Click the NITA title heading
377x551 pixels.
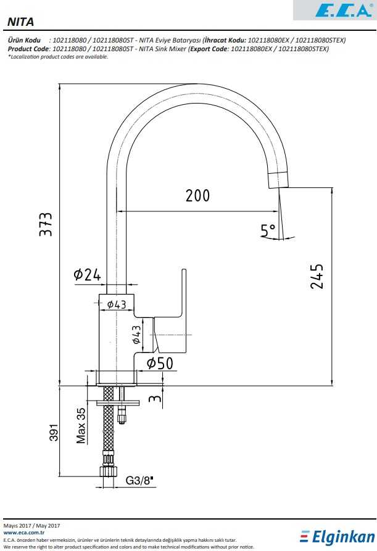coord(21,22)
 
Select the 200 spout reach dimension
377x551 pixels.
coord(197,195)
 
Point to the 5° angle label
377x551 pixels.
coord(268,231)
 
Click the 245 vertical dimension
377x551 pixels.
coord(317,277)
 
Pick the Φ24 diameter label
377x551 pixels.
coord(87,275)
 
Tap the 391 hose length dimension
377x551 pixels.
coord(54,433)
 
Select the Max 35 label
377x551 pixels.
coord(81,425)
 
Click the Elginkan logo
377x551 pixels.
coord(337,537)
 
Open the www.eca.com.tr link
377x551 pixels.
coord(23,532)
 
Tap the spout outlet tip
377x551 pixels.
coord(279,180)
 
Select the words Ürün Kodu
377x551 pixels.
coord(24,40)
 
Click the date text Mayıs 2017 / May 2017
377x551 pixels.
coord(31,524)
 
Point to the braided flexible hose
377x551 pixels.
coord(109,425)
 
